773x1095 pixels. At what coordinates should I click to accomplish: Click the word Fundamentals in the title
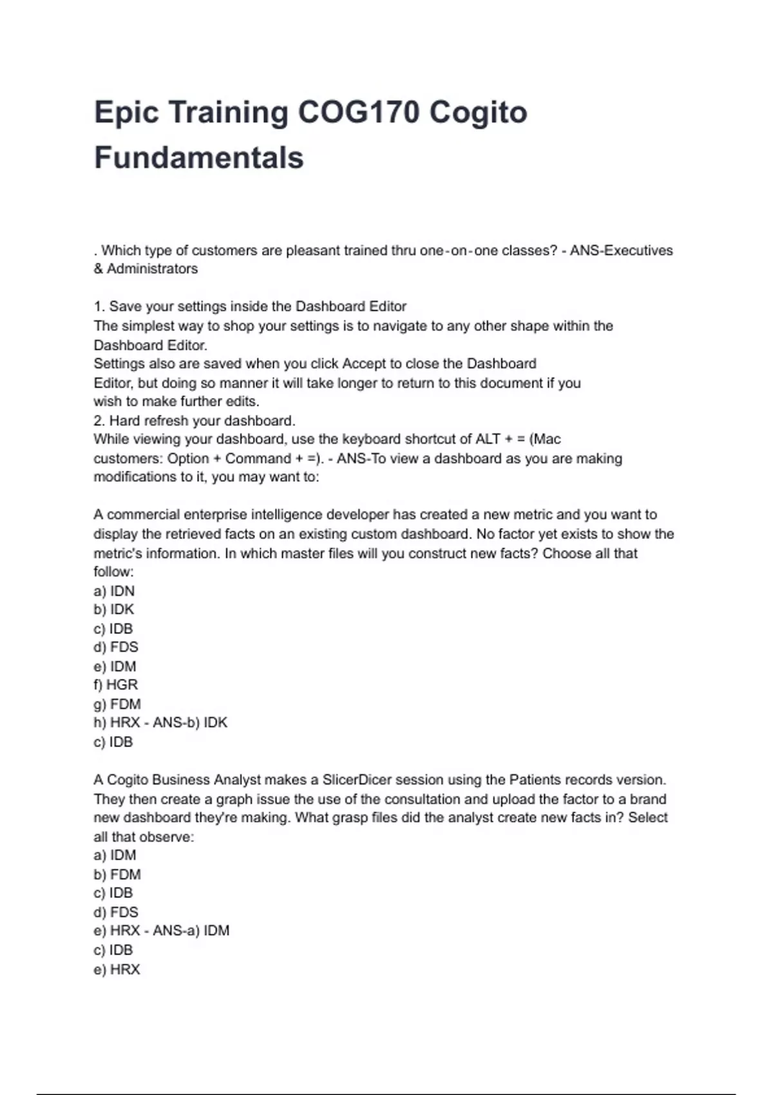(199, 158)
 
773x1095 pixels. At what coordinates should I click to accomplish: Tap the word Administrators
(152, 269)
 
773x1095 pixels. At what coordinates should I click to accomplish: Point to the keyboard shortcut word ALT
(488, 439)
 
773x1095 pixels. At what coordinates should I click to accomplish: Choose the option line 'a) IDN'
(114, 591)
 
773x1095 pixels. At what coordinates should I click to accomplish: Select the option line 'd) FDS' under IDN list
(116, 647)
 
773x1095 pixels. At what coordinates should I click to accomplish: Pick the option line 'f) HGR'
(116, 685)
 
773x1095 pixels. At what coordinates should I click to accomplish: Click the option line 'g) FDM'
(117, 704)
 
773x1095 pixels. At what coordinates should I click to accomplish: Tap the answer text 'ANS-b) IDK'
(190, 723)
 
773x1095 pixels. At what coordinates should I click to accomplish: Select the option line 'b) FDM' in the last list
(117, 875)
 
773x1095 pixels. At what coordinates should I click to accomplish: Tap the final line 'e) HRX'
(117, 969)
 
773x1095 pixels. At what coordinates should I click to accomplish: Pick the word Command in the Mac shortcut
(258, 459)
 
